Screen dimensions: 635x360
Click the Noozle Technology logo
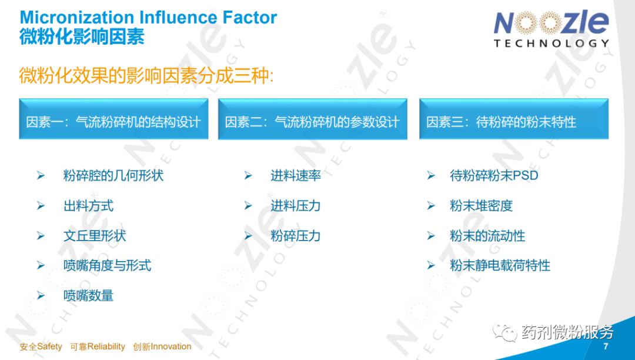(x=551, y=29)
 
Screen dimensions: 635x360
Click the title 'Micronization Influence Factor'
(x=148, y=18)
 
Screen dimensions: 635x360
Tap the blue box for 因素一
(x=114, y=119)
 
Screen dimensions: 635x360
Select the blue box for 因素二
(x=313, y=119)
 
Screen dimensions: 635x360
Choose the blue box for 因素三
(x=514, y=119)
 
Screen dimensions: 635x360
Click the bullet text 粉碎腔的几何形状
(x=113, y=176)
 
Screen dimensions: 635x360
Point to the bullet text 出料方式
(x=88, y=206)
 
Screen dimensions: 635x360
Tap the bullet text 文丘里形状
(x=95, y=236)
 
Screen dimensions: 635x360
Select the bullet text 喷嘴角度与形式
(x=108, y=266)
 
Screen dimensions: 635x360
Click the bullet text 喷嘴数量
(x=88, y=296)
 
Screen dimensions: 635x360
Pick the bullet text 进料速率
(x=296, y=176)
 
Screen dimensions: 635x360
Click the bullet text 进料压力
(x=296, y=206)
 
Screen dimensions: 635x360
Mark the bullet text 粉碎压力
(x=296, y=236)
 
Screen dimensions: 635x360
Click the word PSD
(x=525, y=176)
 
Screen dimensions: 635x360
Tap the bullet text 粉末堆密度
(x=481, y=206)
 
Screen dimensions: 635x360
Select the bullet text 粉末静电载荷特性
(x=500, y=266)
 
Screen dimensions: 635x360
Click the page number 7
(x=606, y=346)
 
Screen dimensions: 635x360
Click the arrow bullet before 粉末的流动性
(x=431, y=236)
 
